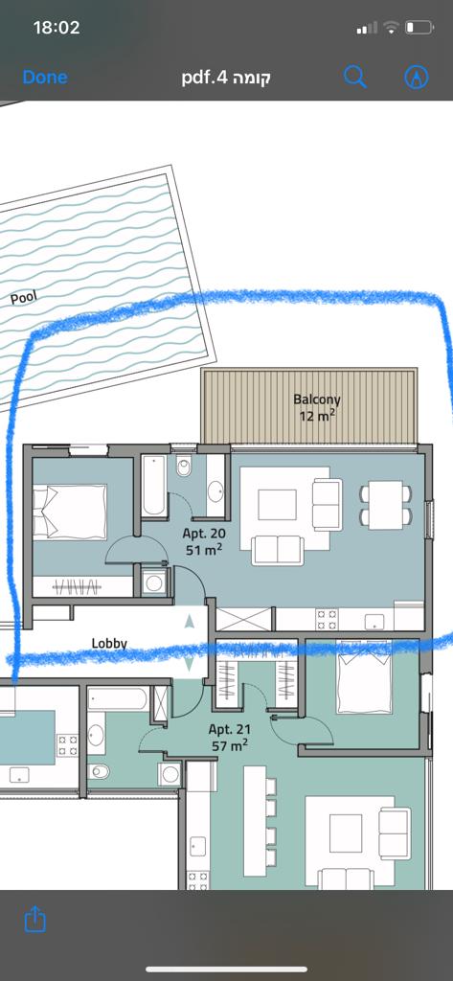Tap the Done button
45,77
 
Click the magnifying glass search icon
354,77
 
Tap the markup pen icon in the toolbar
417,77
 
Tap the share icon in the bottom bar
35,919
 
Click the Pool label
24,297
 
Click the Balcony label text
317,399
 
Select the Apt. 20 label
204,534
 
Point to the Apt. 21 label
229,729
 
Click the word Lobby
109,643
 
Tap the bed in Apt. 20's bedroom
70,513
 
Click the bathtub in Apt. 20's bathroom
153,486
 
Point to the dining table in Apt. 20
385,505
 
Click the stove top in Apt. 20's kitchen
327,620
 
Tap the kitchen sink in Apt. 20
374,620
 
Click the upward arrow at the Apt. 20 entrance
190,621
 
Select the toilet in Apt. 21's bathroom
101,771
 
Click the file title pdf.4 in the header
226,78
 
